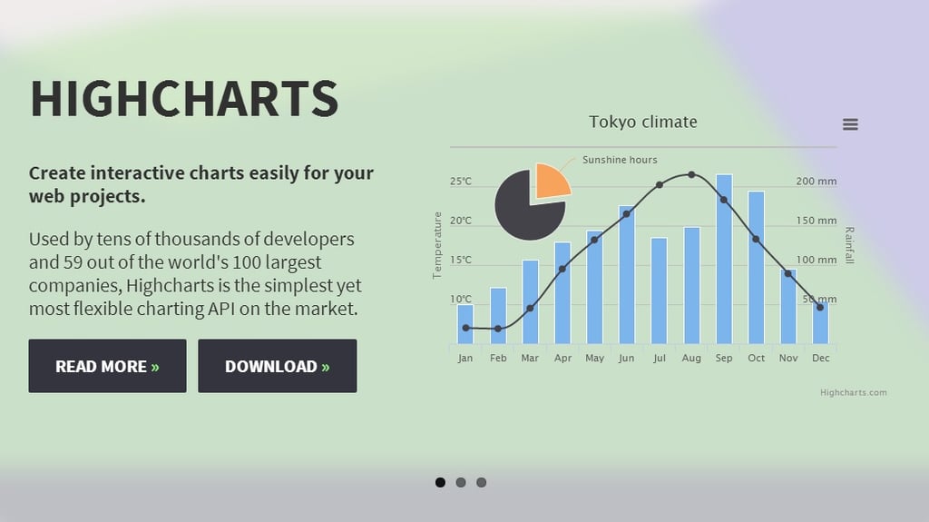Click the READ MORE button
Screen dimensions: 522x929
point(107,366)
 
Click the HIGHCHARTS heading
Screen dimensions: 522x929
point(184,99)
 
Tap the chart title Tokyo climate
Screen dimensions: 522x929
point(643,122)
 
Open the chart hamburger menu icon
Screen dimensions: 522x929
point(850,124)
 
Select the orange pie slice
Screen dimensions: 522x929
point(551,181)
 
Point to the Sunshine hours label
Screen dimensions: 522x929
point(620,160)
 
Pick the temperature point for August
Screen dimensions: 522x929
point(691,174)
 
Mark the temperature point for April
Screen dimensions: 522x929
point(562,269)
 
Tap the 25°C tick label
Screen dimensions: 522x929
point(461,182)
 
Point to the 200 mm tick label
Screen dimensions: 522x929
point(817,182)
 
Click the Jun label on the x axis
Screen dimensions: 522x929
point(627,358)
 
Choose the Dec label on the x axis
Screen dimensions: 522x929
point(821,358)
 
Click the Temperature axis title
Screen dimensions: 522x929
point(437,244)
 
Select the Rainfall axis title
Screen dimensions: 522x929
point(849,245)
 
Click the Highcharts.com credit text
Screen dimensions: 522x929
point(853,392)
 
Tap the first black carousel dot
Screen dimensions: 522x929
point(440,482)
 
